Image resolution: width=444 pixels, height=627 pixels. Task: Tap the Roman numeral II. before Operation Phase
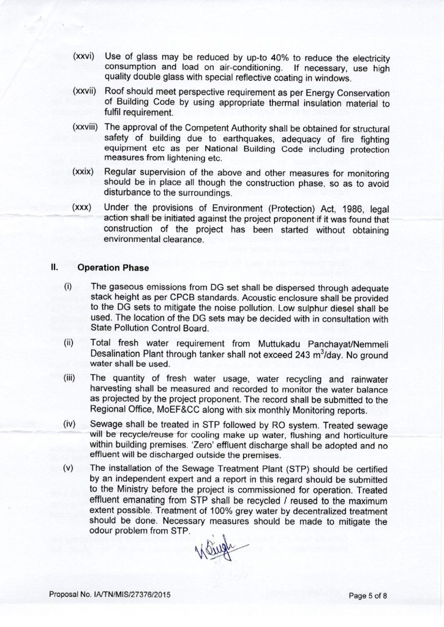point(54,268)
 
